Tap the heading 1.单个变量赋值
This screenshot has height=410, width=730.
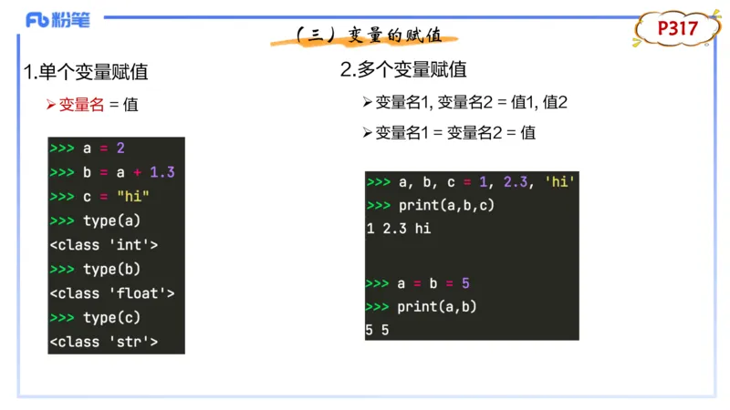click(x=86, y=72)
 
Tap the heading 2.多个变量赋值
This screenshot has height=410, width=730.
click(x=403, y=69)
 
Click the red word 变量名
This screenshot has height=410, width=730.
click(x=81, y=105)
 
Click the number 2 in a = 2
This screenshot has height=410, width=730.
click(x=120, y=149)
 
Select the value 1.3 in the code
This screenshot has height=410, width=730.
click(x=162, y=172)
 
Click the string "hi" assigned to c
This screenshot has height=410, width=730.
click(x=133, y=197)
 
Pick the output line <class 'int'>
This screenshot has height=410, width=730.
click(x=104, y=245)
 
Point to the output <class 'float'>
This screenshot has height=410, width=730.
click(x=112, y=293)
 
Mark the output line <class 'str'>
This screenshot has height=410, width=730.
click(x=104, y=342)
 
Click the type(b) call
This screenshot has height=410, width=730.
click(x=112, y=269)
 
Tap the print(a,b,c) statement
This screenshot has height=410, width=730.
click(x=446, y=205)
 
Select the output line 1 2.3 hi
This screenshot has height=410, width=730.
click(x=398, y=229)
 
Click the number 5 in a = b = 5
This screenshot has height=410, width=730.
click(x=465, y=283)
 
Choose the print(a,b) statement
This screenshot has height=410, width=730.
click(x=437, y=307)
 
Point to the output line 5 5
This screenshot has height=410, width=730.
click(x=377, y=330)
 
